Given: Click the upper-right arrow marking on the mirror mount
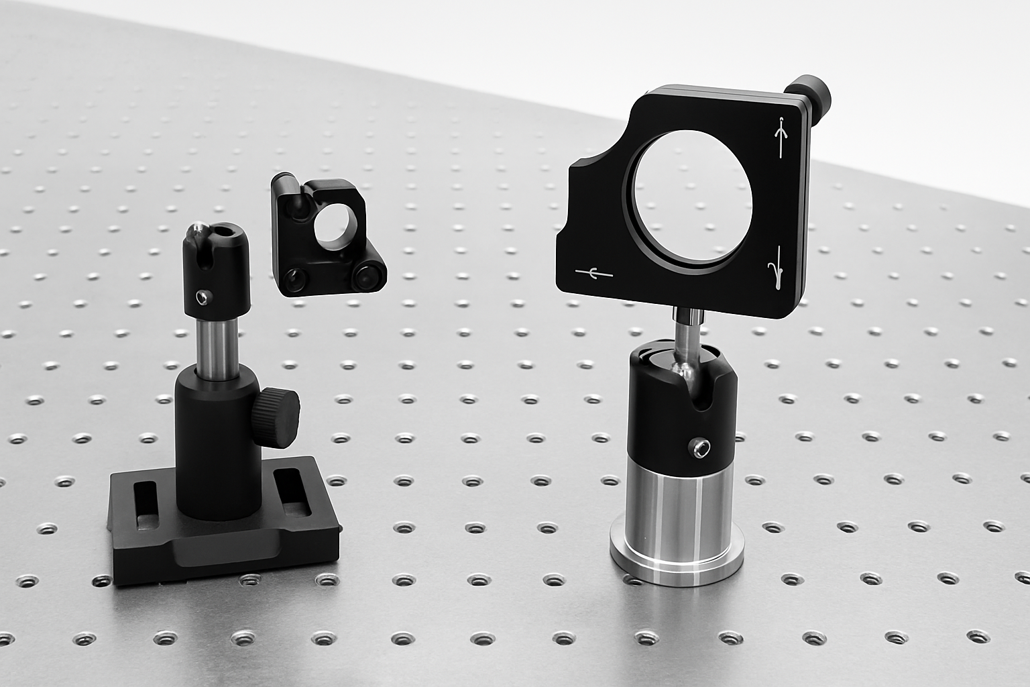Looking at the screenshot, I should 781,137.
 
